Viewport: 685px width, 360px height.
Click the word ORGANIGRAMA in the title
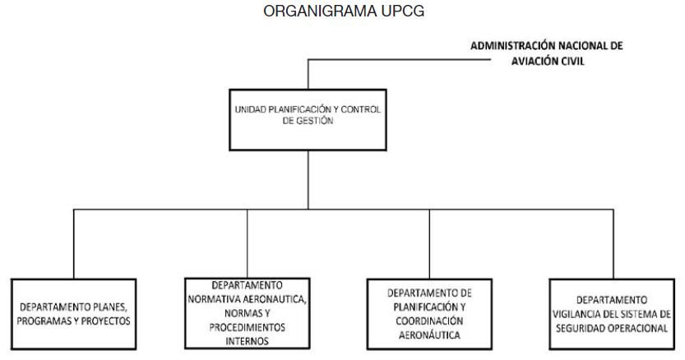click(320, 11)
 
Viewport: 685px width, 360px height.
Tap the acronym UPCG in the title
click(403, 11)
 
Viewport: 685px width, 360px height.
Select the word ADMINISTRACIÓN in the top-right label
click(512, 45)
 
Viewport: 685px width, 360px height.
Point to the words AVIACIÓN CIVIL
click(548, 61)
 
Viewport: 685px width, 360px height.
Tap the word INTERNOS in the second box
click(248, 341)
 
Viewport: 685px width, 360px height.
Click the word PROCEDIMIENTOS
click(248, 327)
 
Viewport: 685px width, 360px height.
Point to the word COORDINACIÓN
click(429, 321)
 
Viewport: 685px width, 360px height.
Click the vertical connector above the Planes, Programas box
click(74, 244)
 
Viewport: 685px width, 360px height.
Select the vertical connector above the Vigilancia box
click(613, 244)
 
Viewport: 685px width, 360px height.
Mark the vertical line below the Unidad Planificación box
click(308, 180)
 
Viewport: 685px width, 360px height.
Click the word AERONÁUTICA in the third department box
click(429, 335)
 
